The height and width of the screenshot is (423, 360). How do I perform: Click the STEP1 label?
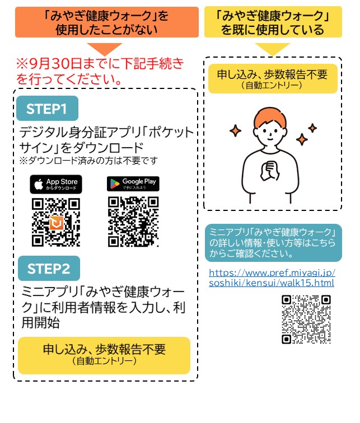click(47, 108)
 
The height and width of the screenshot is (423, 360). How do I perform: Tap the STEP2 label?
click(49, 268)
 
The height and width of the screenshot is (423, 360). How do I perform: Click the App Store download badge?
click(56, 184)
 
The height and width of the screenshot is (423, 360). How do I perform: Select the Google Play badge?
click(133, 184)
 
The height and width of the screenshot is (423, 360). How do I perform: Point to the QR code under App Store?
click(56, 222)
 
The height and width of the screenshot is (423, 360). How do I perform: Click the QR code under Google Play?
click(133, 222)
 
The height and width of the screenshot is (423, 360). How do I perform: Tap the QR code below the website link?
click(306, 319)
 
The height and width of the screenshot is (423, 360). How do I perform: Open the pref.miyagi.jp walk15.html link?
click(272, 278)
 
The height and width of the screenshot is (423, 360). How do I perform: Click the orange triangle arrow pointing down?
click(105, 49)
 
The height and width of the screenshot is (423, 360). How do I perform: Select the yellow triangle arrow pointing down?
click(273, 49)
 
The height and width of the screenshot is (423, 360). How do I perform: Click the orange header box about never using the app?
click(107, 22)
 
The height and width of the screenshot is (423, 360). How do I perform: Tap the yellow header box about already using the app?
click(273, 22)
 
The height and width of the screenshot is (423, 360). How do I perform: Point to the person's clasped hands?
click(270, 171)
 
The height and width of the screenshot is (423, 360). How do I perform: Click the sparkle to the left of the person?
click(235, 130)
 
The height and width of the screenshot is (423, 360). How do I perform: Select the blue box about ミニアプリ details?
click(273, 243)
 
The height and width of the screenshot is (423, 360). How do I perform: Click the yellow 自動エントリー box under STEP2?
click(104, 355)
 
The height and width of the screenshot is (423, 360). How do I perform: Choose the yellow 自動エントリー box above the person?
click(273, 78)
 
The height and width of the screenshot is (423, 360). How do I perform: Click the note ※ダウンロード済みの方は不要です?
click(88, 161)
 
